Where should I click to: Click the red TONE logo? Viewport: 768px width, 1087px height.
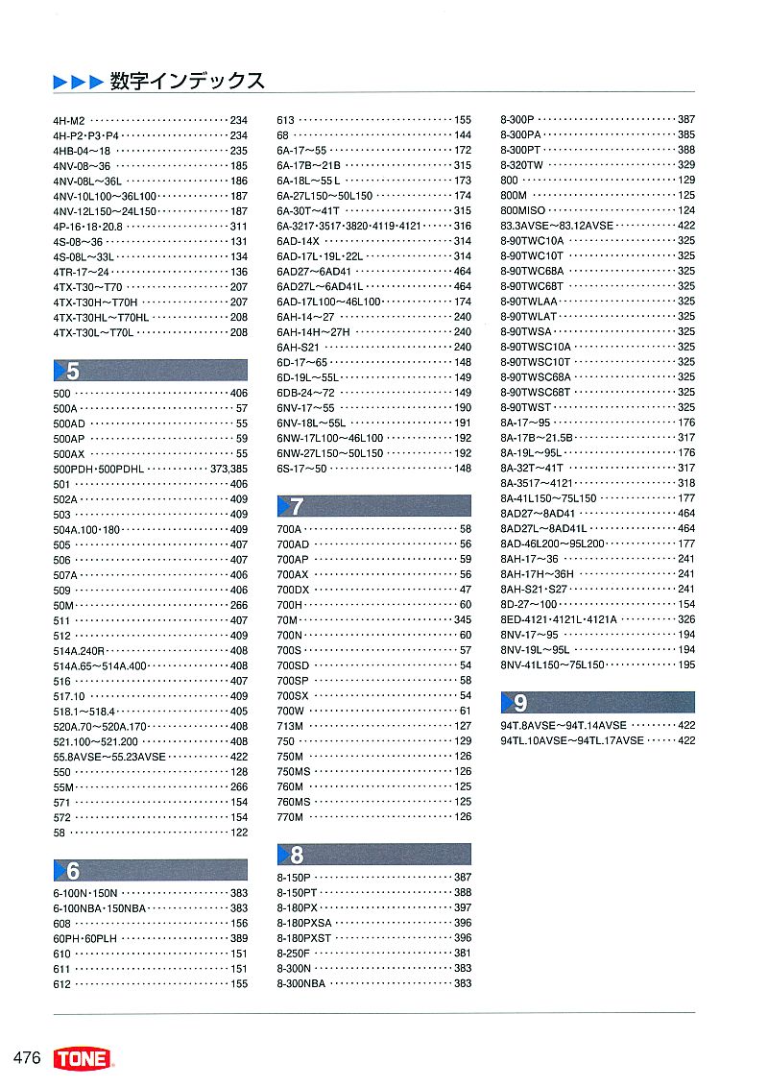(84, 1059)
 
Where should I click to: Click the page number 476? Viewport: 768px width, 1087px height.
(27, 1058)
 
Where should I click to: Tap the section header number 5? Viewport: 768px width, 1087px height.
(73, 372)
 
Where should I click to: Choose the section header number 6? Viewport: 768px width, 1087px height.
(73, 871)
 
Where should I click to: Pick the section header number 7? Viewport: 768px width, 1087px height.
(297, 506)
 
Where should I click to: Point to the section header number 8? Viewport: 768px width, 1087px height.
(297, 855)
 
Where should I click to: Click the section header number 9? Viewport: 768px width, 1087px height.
(520, 703)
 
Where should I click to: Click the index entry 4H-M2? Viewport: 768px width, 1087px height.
(70, 120)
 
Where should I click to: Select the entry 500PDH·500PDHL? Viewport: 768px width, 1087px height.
(99, 469)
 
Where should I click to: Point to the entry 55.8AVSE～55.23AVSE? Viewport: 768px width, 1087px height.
(109, 757)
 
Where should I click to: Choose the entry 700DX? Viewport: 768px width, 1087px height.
(293, 590)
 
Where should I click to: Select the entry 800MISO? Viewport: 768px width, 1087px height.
(522, 210)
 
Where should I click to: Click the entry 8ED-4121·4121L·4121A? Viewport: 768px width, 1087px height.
(559, 619)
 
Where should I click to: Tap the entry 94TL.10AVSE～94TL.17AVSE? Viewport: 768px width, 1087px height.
(572, 740)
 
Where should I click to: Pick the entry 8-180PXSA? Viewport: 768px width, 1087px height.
(303, 923)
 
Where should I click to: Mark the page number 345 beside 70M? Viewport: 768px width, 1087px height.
(463, 619)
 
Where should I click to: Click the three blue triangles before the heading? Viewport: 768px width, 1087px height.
(77, 83)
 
